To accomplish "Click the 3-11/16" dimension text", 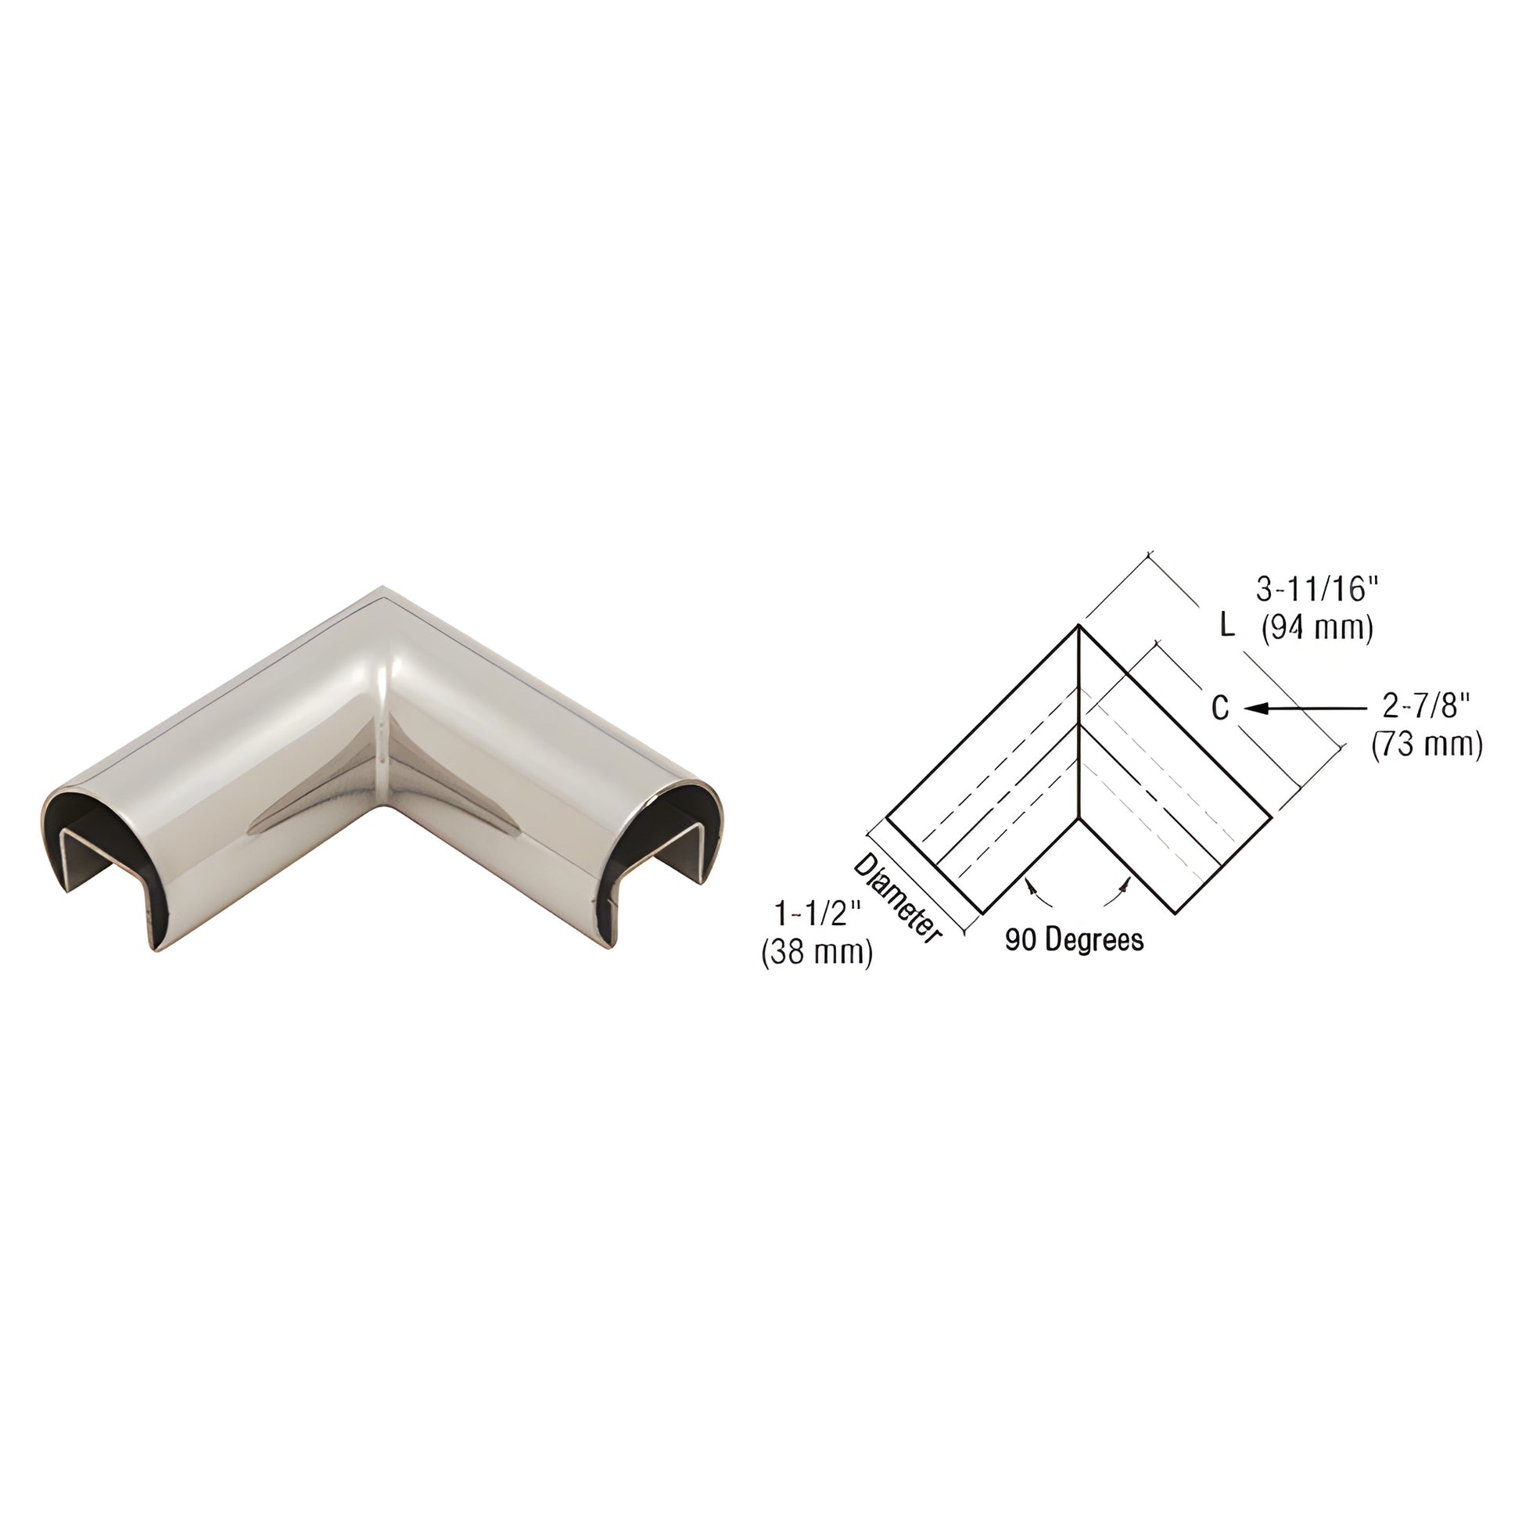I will coord(1316,589).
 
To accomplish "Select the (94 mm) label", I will coord(1318,629).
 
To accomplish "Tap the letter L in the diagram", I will coord(1226,626).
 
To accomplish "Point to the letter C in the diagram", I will coord(1219,709).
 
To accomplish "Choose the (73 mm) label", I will coord(1427,745).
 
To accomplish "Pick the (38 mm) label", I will coord(817,953).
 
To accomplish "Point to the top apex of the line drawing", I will coord(1078,626).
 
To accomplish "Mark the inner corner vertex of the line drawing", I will coord(1079,820).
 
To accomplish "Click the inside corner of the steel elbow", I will coord(385,806).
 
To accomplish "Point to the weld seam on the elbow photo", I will coord(384,709).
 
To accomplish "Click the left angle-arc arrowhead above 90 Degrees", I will coord(1028,886).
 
